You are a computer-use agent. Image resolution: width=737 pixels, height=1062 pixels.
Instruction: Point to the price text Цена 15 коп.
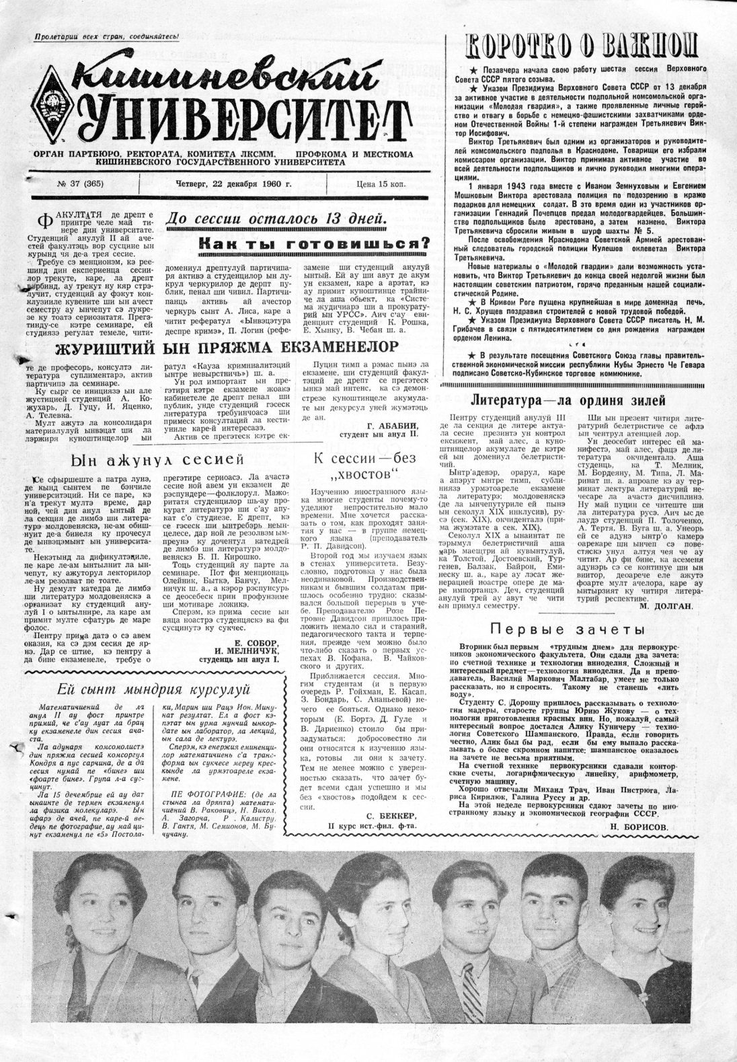point(381,184)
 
